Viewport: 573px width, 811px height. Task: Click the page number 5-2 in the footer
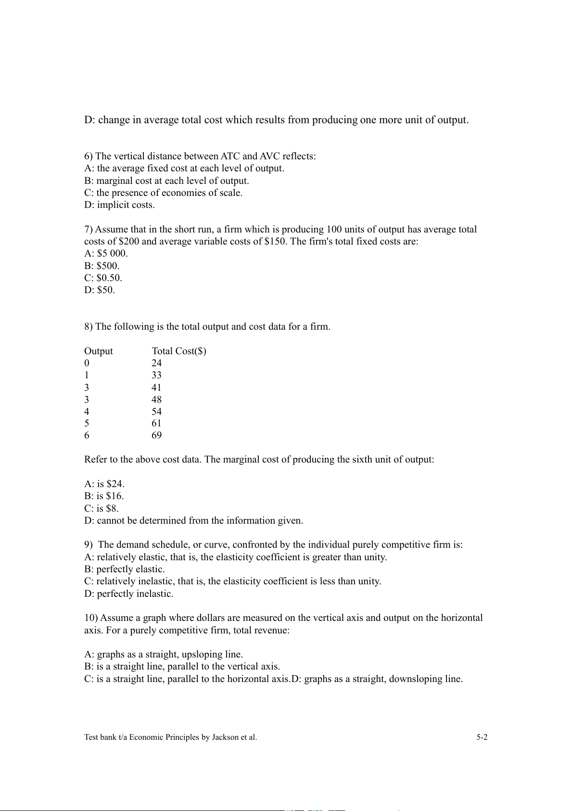[x=482, y=737]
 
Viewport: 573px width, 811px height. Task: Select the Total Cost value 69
[x=156, y=435]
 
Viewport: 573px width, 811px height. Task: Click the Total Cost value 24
[x=156, y=363]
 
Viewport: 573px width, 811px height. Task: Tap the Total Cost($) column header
[x=179, y=351]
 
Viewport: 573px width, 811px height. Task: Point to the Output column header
[x=98, y=351]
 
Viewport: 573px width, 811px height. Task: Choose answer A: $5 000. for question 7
[x=106, y=253]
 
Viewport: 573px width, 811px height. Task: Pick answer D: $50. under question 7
[x=100, y=290]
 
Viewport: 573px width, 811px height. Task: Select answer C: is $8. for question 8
[x=102, y=508]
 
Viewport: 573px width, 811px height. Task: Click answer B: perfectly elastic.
[x=124, y=569]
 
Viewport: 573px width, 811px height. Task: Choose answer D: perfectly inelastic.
[x=128, y=593]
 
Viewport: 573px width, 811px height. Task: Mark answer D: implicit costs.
[x=119, y=205]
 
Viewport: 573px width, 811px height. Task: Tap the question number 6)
[x=89, y=156]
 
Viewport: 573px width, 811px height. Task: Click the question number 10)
[x=91, y=618]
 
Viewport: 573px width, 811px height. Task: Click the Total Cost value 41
[x=156, y=387]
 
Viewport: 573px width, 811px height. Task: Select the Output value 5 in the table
[x=87, y=423]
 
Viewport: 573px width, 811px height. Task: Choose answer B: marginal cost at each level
[x=166, y=180]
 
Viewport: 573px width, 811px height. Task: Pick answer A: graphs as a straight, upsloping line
[x=164, y=654]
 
